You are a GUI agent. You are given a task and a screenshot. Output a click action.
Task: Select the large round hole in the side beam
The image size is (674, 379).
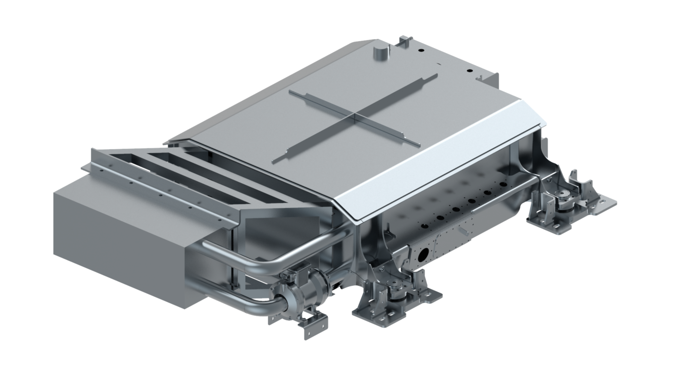click(423, 254)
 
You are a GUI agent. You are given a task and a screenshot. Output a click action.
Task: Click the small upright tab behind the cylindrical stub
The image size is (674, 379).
click(403, 41)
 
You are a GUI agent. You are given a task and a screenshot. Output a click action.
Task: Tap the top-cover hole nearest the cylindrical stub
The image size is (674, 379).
click(420, 49)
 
